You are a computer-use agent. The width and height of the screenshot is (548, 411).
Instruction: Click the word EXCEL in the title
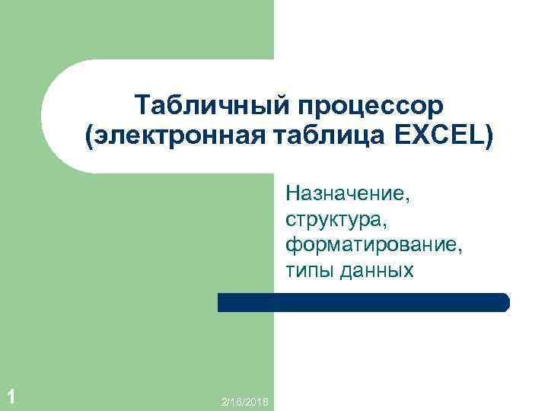(442, 138)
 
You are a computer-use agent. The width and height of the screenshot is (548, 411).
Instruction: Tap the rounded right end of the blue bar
(503, 302)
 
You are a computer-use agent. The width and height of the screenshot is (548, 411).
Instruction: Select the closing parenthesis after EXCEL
(488, 139)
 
